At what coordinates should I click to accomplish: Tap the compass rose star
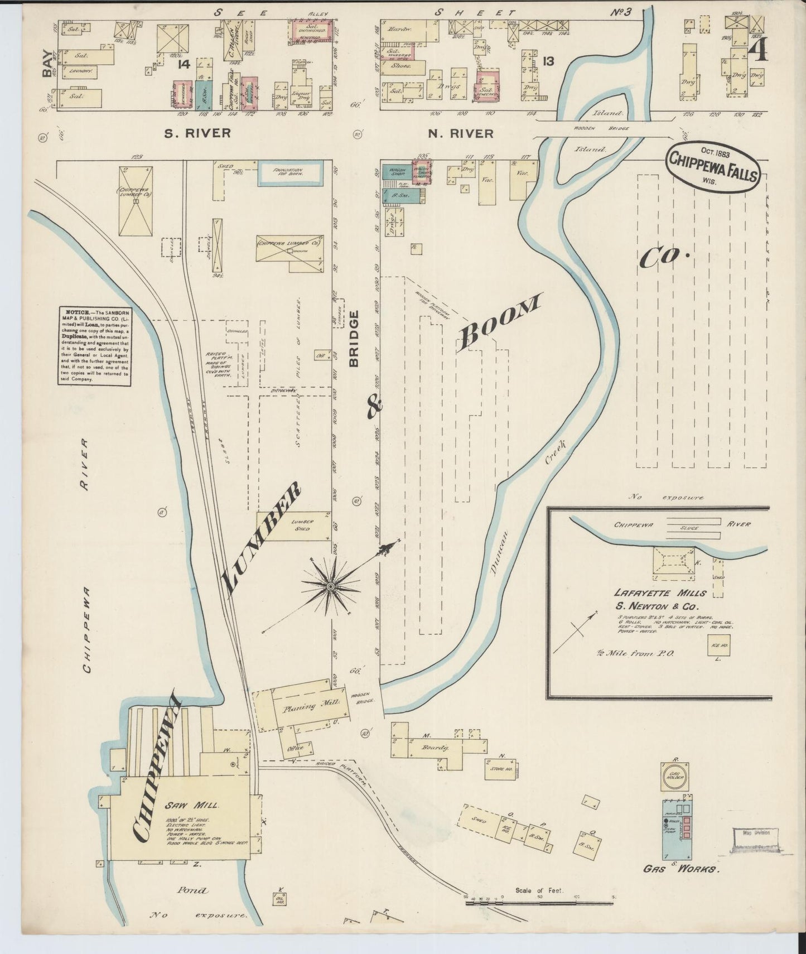[x=331, y=587]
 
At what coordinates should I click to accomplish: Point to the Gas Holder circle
[x=675, y=776]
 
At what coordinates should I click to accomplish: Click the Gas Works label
[x=681, y=869]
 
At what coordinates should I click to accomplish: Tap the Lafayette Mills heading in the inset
[x=660, y=593]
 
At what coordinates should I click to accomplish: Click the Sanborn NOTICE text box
[x=94, y=345]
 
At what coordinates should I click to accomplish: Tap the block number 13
[x=548, y=62]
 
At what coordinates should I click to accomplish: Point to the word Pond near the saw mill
[x=193, y=891]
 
